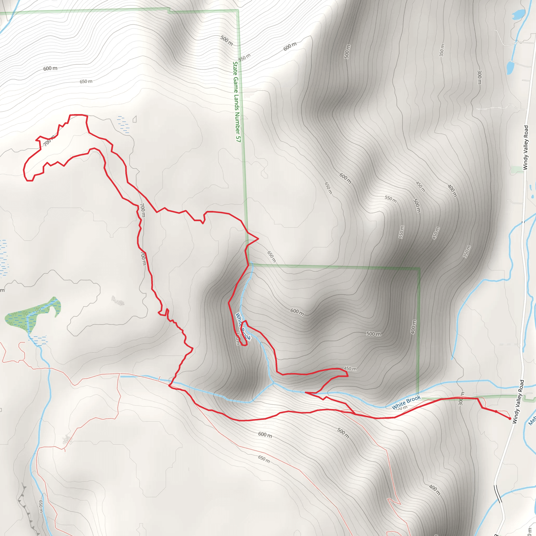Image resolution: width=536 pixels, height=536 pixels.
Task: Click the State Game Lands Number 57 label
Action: [x=237, y=102]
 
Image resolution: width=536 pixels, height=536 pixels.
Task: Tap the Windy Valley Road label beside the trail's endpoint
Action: [x=518, y=402]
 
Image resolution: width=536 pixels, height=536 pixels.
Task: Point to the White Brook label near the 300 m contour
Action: [x=406, y=402]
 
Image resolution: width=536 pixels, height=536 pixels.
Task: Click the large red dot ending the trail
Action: [x=510, y=418]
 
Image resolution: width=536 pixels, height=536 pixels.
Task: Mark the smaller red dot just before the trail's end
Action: [x=496, y=411]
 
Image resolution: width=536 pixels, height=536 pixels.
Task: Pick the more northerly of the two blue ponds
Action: [x=518, y=14]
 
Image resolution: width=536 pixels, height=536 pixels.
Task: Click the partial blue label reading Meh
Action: [x=532, y=420]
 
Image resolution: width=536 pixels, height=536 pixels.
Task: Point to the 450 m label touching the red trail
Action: [x=350, y=369]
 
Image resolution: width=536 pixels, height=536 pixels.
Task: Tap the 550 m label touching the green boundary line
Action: [x=244, y=57]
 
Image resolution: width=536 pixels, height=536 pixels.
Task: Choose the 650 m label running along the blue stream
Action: [x=41, y=506]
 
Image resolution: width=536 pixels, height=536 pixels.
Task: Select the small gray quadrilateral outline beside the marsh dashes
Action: [x=135, y=119]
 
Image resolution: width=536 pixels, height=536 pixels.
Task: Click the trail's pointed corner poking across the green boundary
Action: [x=258, y=238]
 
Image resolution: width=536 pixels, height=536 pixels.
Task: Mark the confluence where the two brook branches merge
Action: [x=273, y=383]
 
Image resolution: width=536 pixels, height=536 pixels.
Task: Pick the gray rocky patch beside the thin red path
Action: [x=66, y=439]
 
